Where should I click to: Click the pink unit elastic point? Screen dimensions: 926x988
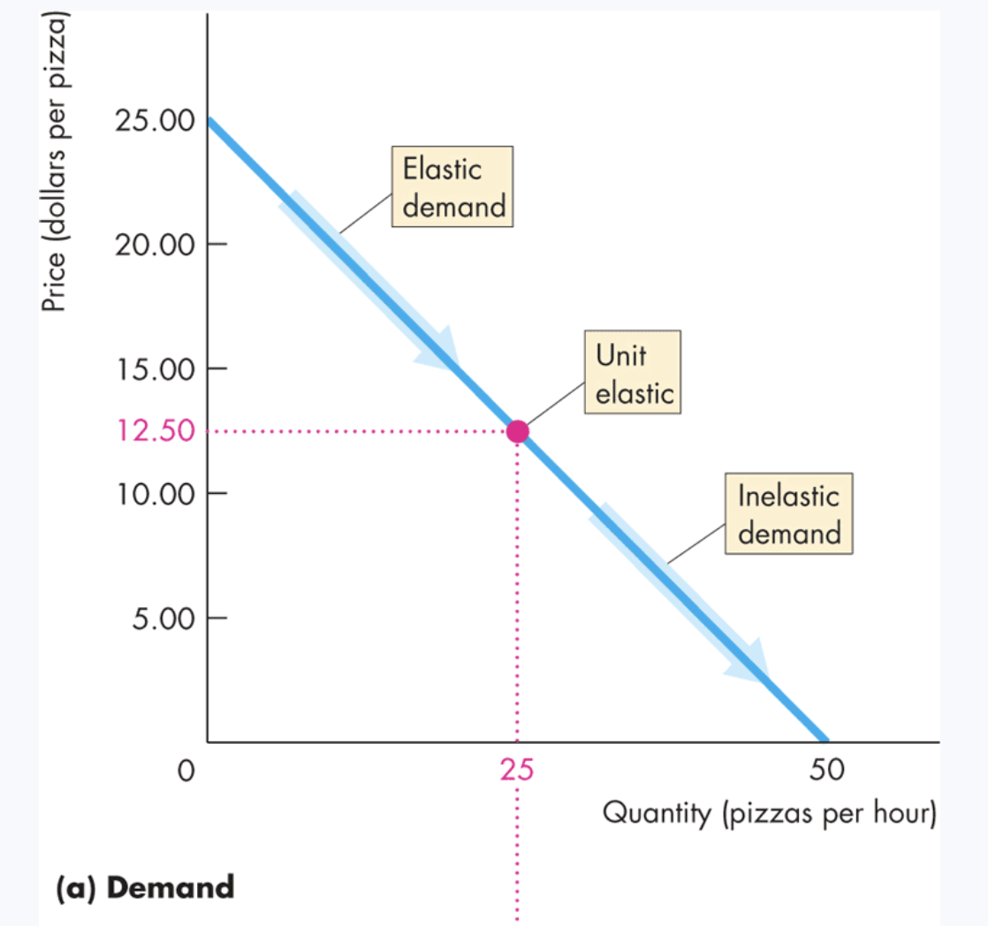[x=518, y=431]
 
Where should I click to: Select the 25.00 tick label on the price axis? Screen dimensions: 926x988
[x=155, y=120]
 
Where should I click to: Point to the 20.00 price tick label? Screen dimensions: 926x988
[x=155, y=245]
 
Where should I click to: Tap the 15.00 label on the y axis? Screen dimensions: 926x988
[x=155, y=368]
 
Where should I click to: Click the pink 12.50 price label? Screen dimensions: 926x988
[x=155, y=432]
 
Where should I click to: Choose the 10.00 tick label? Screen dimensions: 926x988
[x=155, y=493]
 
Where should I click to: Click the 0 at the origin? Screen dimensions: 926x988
[x=184, y=771]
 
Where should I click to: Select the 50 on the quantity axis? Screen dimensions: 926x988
[x=827, y=771]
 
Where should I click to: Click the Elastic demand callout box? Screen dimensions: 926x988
[x=453, y=187]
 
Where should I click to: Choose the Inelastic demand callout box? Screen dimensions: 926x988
[x=788, y=514]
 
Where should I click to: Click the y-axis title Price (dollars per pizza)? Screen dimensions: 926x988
[x=56, y=167]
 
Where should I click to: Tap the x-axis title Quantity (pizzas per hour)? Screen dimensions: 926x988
[x=768, y=813]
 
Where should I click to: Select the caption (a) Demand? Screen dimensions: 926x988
[x=145, y=886]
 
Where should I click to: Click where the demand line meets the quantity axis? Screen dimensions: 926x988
[x=827, y=740]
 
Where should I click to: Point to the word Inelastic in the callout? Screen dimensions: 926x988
[x=788, y=496]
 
